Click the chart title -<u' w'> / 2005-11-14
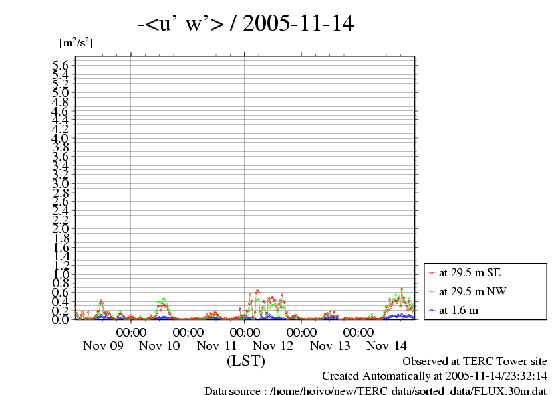click(246, 25)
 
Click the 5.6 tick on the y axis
click(61, 65)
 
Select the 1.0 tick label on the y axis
click(61, 274)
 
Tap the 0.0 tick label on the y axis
click(61, 319)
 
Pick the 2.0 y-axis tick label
click(61, 228)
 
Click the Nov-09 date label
click(103, 346)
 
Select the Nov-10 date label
click(160, 346)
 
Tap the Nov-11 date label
click(217, 346)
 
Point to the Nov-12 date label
click(273, 346)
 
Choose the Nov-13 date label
click(330, 346)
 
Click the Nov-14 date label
click(387, 346)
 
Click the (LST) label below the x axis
click(246, 362)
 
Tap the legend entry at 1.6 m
click(458, 310)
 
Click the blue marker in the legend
click(432, 310)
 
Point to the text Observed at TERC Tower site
click(475, 362)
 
